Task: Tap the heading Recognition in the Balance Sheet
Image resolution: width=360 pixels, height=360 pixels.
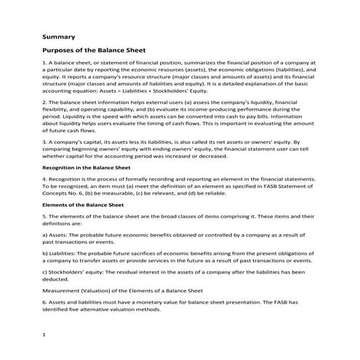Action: click(x=82, y=167)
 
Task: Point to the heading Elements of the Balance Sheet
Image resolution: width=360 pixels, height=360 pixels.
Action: click(x=79, y=206)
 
